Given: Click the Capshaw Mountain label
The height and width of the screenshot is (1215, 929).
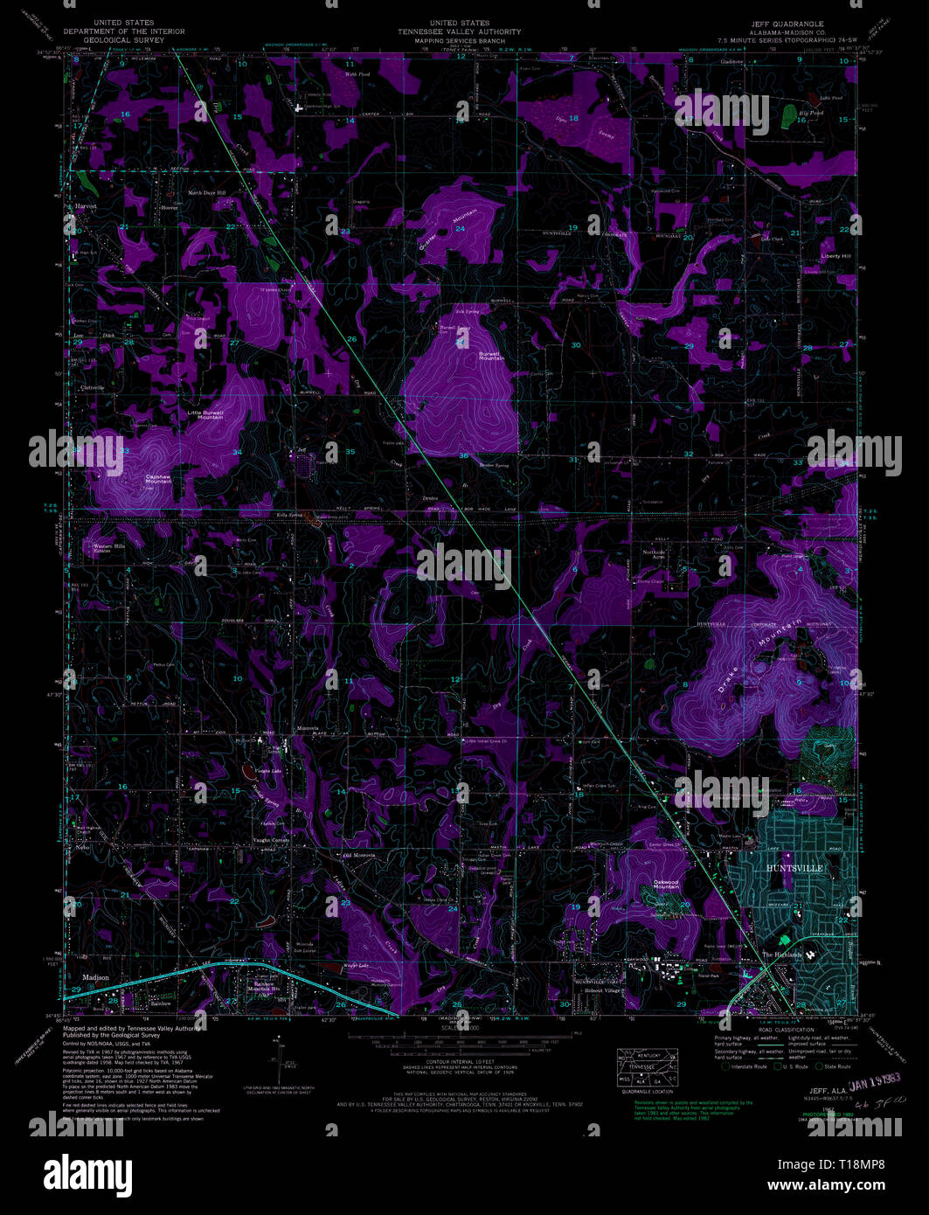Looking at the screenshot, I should (158, 479).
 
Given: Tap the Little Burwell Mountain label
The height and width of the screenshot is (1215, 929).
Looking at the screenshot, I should (205, 414).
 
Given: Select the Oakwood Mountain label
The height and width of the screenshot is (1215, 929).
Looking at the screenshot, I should (666, 885).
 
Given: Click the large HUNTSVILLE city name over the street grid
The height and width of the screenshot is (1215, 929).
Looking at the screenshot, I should (794, 868).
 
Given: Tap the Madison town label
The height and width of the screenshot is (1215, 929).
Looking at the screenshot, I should (96, 977).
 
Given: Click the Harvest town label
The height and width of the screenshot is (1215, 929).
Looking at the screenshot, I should (86, 206).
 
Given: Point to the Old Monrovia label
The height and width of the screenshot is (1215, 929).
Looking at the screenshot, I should (358, 855).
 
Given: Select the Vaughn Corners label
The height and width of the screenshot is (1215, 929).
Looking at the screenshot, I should (271, 839).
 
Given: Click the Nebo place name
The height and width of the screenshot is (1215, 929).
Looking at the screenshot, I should (83, 848).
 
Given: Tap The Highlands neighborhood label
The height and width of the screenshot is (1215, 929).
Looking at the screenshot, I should (781, 955).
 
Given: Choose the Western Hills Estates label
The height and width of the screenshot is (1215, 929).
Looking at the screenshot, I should (114, 548).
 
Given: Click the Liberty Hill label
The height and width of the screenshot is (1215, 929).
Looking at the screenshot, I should (835, 256).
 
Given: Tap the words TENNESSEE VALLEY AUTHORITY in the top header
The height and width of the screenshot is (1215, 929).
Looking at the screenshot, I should (459, 31).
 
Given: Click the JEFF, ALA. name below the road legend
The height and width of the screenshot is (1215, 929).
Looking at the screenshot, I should (827, 1091).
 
